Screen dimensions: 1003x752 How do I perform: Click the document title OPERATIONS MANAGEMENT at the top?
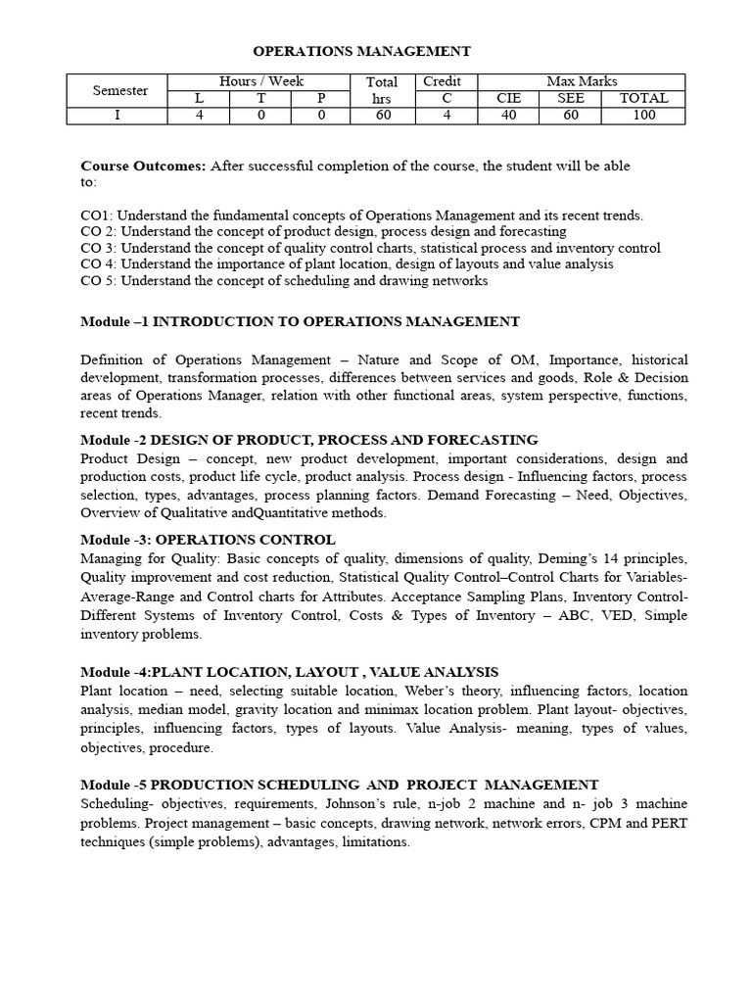pos(362,51)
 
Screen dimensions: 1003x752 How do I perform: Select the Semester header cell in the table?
pos(119,90)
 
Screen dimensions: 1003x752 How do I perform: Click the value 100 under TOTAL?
pos(643,116)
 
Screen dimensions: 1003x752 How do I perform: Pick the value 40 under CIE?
pos(508,116)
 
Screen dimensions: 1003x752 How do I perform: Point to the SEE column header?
pos(571,98)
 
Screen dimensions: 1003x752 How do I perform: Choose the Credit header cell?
pos(441,81)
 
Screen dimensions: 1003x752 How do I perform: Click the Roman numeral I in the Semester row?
pos(118,116)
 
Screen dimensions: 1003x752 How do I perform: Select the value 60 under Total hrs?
pos(381,116)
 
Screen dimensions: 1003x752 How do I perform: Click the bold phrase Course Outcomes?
pos(143,166)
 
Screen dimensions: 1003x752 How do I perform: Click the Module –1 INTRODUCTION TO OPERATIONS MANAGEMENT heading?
pos(300,321)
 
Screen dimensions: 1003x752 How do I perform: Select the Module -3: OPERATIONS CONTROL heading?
pos(208,540)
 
